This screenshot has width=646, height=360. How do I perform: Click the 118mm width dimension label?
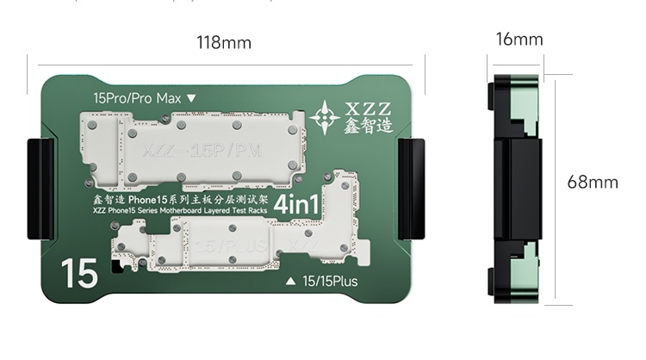tap(224, 42)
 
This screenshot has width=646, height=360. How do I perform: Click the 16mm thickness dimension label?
tap(519, 40)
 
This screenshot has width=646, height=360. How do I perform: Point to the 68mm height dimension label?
tap(592, 182)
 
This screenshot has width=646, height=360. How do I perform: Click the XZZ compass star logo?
tap(325, 116)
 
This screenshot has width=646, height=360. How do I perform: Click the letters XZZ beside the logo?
tap(368, 109)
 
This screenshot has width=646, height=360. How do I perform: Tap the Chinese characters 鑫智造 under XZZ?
tap(368, 127)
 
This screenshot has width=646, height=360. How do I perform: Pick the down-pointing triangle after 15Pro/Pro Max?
tap(191, 98)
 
